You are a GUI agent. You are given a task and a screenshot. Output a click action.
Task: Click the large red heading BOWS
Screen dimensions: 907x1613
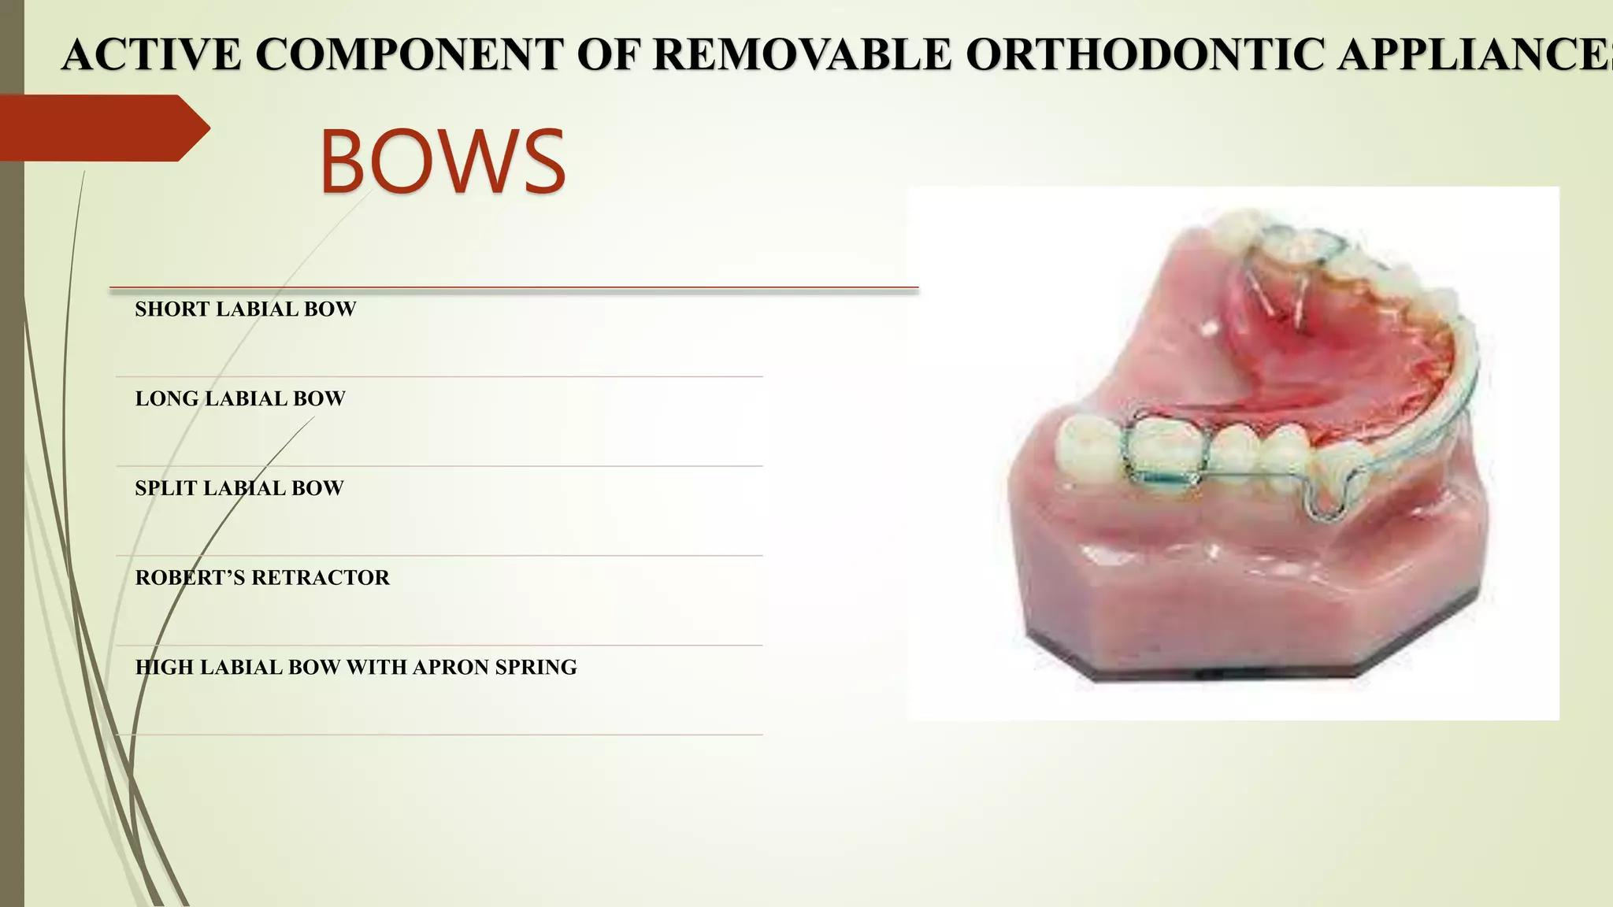click(442, 161)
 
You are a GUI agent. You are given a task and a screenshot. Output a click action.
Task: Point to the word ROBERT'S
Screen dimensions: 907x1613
click(191, 578)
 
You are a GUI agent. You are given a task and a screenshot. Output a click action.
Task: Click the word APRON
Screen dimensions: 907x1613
click(451, 668)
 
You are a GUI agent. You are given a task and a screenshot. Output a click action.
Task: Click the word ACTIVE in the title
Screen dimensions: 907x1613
click(151, 55)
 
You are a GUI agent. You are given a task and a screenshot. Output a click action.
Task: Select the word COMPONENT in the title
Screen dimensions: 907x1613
click(410, 55)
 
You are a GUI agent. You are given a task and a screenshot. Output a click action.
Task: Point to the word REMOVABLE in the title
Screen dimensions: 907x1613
click(803, 55)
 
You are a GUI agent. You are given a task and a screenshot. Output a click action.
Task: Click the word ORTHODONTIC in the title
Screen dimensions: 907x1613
click(1145, 55)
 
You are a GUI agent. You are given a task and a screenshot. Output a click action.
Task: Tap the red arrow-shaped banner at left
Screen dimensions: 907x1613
click(102, 128)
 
